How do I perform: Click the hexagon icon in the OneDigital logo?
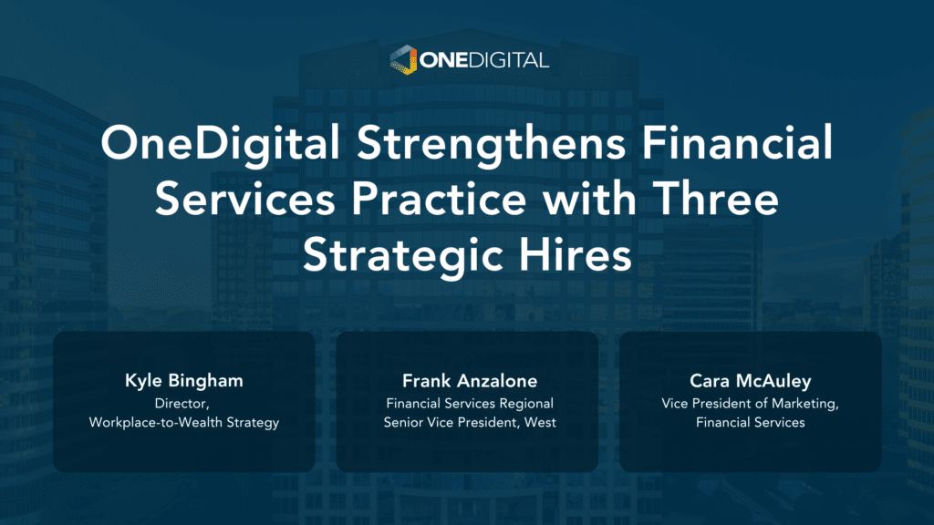(403, 59)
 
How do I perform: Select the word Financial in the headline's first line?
(737, 142)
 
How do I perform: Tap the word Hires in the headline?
(575, 254)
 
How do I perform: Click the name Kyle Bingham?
(184, 381)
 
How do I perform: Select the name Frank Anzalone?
(470, 380)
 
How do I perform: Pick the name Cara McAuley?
(751, 381)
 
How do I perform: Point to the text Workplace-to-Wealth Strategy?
(184, 423)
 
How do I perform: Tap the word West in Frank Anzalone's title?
(540, 423)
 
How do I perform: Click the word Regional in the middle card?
(526, 404)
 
